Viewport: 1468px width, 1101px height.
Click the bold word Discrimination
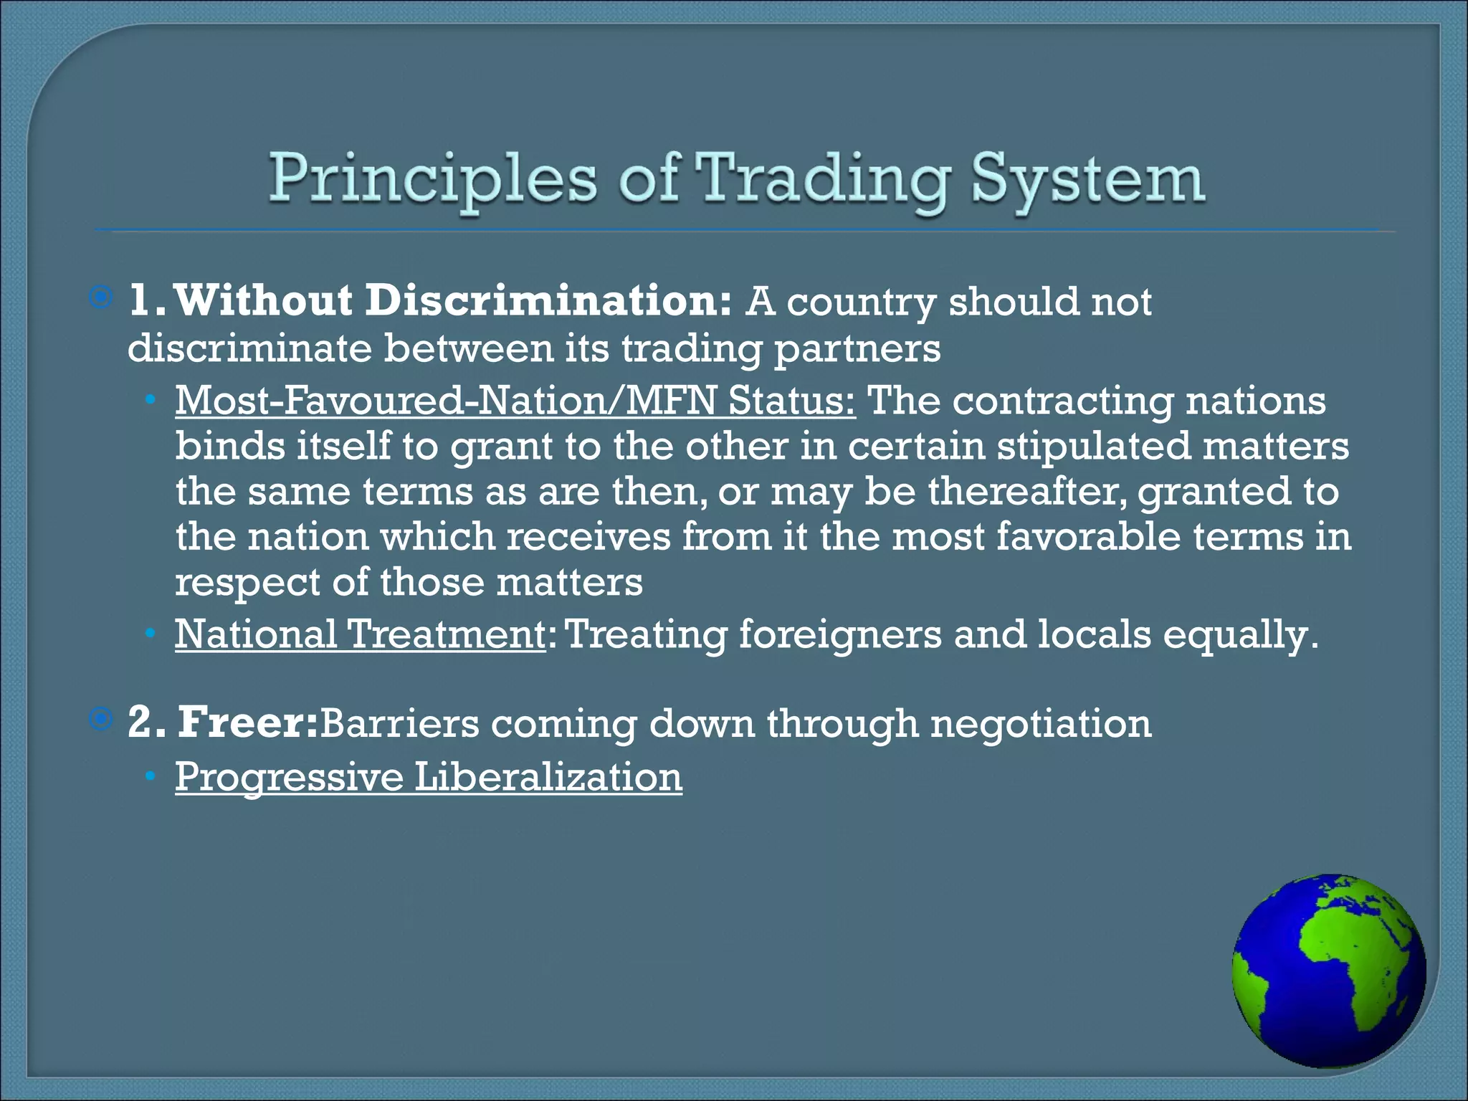tap(548, 300)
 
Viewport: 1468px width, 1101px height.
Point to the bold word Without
tap(263, 300)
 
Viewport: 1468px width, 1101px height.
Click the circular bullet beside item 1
tap(102, 297)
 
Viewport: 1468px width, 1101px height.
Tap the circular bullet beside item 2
tap(102, 719)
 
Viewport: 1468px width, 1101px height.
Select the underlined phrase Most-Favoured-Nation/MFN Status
tap(515, 400)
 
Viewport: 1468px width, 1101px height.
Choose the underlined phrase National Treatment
tap(361, 634)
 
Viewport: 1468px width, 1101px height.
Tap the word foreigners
tap(840, 634)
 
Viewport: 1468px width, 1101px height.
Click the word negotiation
tap(1041, 723)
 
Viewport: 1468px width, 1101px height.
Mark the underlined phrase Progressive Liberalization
tap(429, 777)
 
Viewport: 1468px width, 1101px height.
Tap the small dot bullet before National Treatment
tap(150, 634)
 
